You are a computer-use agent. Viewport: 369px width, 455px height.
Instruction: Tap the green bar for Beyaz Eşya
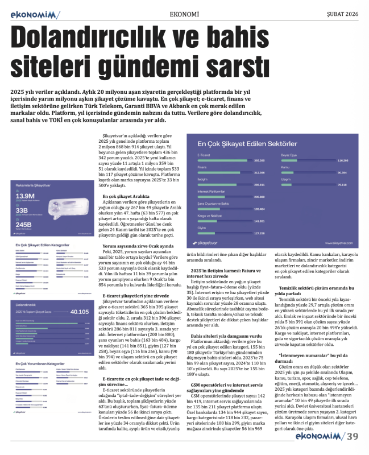click(x=308, y=160)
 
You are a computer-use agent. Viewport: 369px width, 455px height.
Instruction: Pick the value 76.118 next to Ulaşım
click(x=342, y=185)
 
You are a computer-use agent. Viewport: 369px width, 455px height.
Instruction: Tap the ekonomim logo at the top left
click(x=35, y=13)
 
